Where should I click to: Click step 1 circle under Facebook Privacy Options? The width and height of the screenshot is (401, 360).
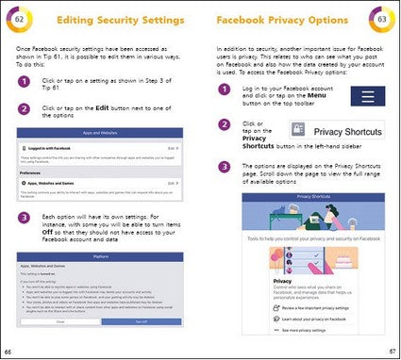[x=226, y=90]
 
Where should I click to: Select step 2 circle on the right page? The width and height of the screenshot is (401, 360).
[x=226, y=123]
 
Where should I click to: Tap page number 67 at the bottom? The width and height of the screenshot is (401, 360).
[x=393, y=352]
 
